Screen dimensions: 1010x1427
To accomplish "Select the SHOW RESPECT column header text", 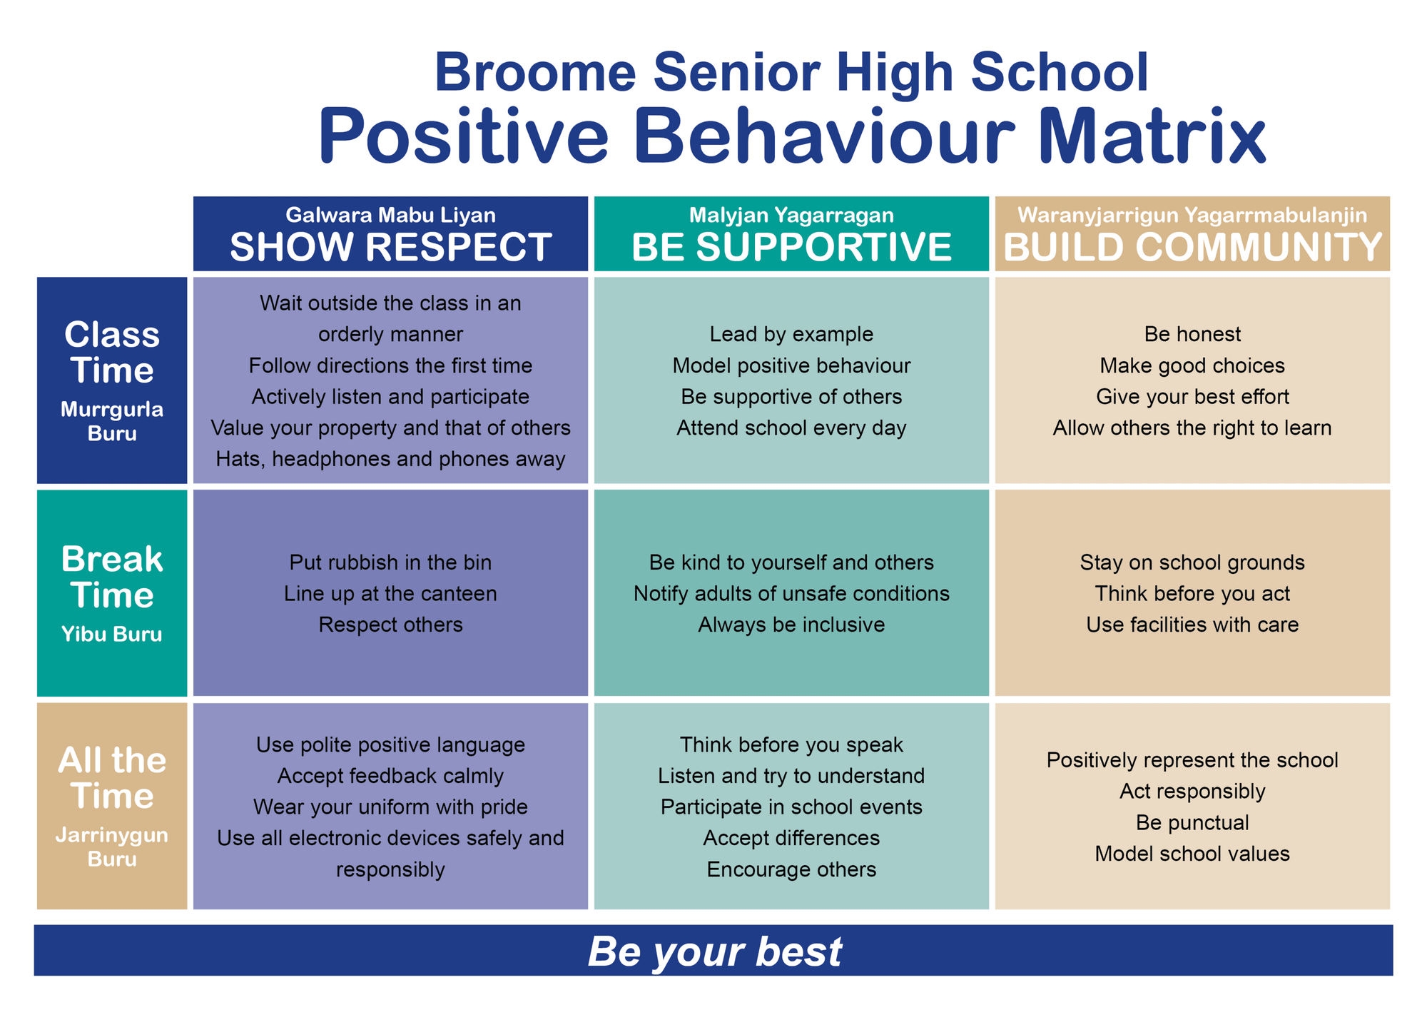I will [x=390, y=247].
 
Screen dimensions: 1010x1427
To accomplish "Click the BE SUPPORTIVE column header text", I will [x=791, y=247].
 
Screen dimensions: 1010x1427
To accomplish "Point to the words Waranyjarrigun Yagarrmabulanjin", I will [x=1192, y=215].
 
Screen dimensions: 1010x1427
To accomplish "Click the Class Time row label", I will [x=112, y=353].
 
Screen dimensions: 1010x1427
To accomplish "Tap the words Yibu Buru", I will [x=112, y=634].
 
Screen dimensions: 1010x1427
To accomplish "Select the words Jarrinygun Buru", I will [x=112, y=847].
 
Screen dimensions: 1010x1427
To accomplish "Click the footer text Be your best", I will [x=714, y=951].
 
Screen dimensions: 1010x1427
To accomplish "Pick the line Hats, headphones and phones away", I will [x=390, y=459].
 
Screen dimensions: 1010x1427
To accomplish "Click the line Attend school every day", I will [x=791, y=428].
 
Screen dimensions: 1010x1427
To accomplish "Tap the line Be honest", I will [x=1192, y=334].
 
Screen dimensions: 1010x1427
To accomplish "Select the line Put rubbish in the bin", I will [x=390, y=562].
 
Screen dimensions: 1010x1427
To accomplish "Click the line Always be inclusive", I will [x=791, y=625].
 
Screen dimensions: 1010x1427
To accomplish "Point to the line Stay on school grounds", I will [x=1192, y=562].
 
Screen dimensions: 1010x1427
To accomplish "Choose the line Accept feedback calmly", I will [x=390, y=776].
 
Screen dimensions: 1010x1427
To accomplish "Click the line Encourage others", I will [x=791, y=869].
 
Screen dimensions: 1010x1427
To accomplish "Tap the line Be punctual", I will [x=1192, y=822].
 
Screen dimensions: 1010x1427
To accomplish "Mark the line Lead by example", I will [x=791, y=334].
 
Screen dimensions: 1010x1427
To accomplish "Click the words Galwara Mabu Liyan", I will [x=390, y=215].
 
